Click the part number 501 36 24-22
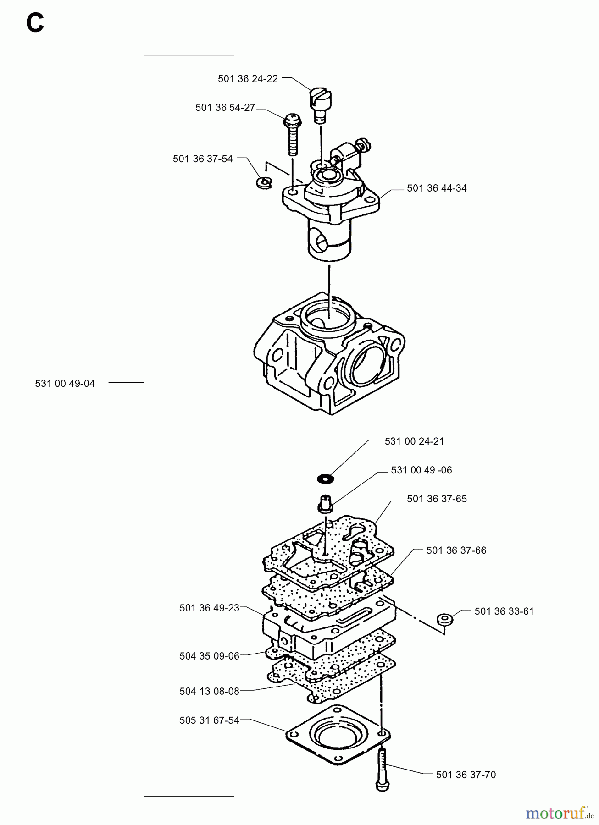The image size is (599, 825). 248,79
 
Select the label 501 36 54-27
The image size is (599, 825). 225,108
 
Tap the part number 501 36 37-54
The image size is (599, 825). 203,159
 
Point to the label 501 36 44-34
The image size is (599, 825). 437,188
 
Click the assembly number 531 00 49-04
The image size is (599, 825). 65,384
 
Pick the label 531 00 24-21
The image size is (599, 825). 414,441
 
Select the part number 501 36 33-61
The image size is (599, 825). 504,611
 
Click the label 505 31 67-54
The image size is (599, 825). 209,720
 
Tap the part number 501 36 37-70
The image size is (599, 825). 466,775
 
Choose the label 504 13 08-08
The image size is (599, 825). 209,691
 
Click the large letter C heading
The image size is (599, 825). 35,23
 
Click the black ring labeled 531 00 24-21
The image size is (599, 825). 325,479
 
